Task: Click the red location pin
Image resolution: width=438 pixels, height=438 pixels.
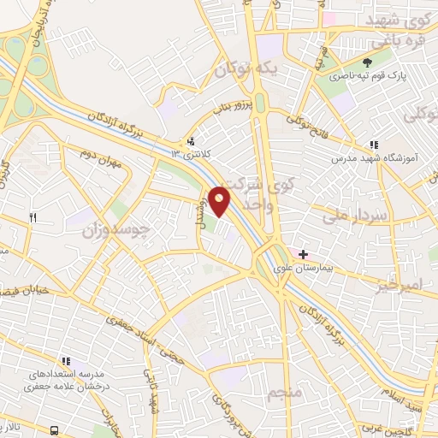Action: (x=221, y=200)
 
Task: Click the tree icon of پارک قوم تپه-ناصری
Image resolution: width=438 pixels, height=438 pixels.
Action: (x=367, y=62)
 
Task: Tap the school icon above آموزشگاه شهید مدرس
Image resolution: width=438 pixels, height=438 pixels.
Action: (x=373, y=145)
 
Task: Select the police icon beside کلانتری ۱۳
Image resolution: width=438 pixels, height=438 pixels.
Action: (x=191, y=141)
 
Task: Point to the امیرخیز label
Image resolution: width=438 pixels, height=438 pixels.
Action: (x=400, y=283)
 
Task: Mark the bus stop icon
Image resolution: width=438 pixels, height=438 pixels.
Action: (x=55, y=429)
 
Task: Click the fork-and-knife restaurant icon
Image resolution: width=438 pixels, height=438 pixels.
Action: (x=33, y=217)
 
